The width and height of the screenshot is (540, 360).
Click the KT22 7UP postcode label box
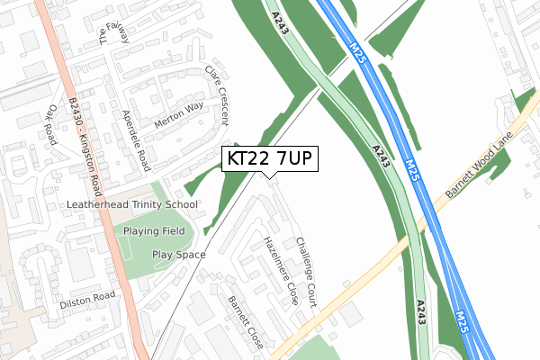pos(269,159)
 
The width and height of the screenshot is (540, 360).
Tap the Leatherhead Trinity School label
pos(132,205)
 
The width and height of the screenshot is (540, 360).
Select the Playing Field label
pos(155,231)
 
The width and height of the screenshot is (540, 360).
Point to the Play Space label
pos(178,255)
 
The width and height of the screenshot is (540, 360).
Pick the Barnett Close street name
pos(246,321)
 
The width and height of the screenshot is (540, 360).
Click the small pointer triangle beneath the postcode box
pos(269,175)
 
